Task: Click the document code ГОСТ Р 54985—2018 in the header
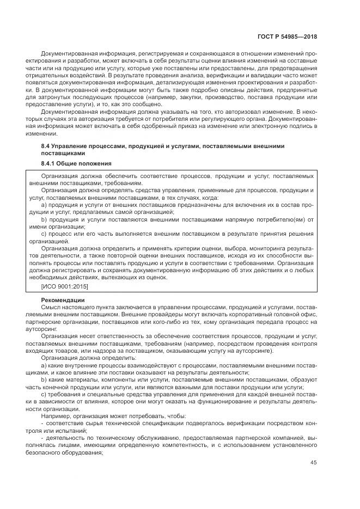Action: tap(288, 36)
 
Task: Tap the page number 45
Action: tap(314, 463)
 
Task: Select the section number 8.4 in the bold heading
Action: tap(46, 146)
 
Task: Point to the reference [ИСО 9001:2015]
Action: tap(65, 286)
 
